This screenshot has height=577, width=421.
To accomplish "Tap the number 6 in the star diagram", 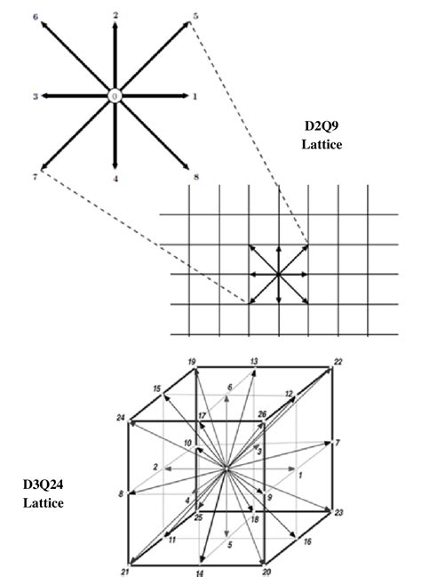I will [x=34, y=17].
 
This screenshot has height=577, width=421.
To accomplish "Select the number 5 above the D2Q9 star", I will [x=195, y=16].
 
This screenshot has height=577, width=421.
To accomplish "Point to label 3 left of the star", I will [x=36, y=95].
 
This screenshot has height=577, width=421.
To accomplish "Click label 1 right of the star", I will [x=195, y=95].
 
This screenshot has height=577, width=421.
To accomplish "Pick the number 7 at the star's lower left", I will [x=34, y=176].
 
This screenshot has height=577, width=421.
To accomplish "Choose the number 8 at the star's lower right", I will [x=196, y=177].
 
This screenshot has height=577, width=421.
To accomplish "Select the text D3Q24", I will [x=42, y=486].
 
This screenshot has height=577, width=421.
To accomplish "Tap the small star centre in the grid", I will [x=279, y=274].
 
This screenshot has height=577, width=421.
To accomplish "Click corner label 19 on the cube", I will [x=192, y=361].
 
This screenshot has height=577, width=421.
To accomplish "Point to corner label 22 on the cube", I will [x=337, y=361].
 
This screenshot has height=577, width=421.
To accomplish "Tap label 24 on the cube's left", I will [x=121, y=418].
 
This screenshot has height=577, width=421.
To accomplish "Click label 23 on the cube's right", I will [x=338, y=512].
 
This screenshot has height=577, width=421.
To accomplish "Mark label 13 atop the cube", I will [x=254, y=361].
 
